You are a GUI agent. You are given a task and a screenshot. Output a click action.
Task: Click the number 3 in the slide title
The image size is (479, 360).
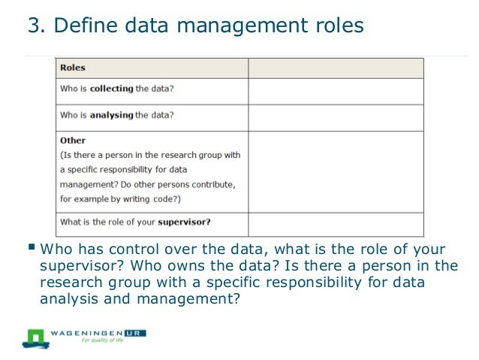point(34,26)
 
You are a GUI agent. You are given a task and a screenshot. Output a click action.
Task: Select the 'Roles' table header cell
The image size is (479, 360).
point(73,68)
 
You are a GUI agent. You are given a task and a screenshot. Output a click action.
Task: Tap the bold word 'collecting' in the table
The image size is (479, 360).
point(112,89)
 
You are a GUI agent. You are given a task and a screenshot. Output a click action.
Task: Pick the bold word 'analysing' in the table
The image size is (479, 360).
point(112,115)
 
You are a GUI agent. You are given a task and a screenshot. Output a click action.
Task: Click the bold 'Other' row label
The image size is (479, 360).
point(73,141)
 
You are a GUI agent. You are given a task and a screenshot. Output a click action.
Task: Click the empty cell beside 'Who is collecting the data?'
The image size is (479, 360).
point(336,91)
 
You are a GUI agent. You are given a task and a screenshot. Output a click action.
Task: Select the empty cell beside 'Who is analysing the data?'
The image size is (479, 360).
point(336,117)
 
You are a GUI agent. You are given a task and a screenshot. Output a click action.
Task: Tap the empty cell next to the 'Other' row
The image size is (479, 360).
point(336,171)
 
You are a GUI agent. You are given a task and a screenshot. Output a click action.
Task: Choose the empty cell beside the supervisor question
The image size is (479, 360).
point(336,223)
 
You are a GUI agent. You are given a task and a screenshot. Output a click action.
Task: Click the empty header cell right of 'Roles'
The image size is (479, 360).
point(336,68)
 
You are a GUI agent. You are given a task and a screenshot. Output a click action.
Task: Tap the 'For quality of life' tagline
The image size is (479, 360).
point(104,340)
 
